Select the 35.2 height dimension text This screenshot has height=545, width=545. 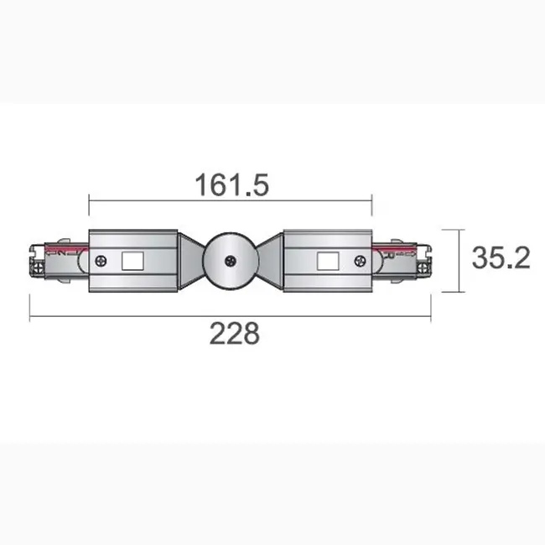click(x=500, y=259)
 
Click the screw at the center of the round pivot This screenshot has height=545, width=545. click(x=229, y=261)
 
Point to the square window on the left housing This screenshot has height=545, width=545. click(x=133, y=261)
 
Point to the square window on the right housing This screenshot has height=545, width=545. click(x=325, y=261)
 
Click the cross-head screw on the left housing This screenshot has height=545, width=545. click(x=101, y=261)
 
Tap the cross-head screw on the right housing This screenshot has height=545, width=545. click(x=359, y=261)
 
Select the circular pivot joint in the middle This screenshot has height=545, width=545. click(x=229, y=256)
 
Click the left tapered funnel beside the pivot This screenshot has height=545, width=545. click(x=189, y=260)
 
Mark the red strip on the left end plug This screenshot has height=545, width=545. click(x=67, y=250)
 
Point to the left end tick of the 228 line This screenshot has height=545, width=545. click(x=31, y=310)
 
